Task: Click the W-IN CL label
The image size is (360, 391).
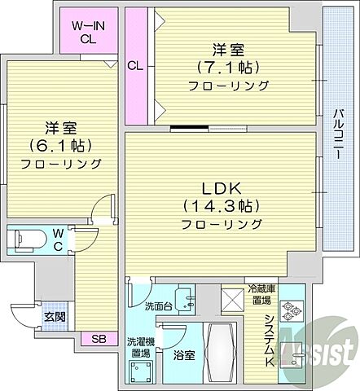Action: pos(86,30)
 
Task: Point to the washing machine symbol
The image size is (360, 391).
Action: pos(138,372)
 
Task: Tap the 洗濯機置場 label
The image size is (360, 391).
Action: pos(138,347)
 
